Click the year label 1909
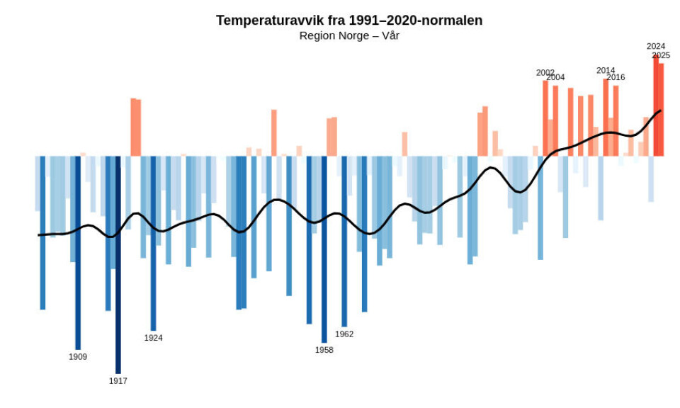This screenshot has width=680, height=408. pos(78,357)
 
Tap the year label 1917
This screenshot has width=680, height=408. pos(118,381)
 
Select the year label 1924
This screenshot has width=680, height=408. pos(154,338)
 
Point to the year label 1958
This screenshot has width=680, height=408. pos(324,350)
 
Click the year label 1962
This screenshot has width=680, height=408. pos(344,334)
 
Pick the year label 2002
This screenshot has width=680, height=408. pos(545,72)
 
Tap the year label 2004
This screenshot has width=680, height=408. pos(555,77)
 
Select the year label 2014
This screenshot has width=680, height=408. pos(606,70)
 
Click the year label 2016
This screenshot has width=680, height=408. pos(616,77)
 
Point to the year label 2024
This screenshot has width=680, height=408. pos(656,46)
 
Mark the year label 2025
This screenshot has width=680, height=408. pos(661,55)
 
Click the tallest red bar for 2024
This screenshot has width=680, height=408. pos(656,106)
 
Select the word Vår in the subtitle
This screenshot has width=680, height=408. pos(391,35)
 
